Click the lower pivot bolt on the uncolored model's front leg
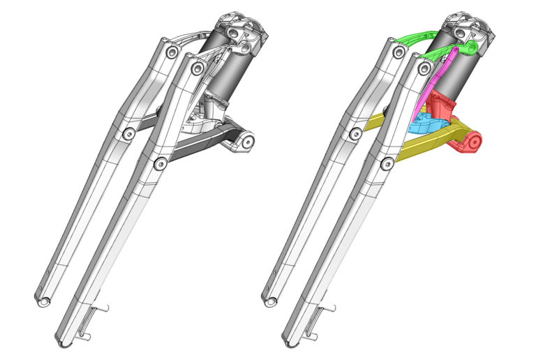(x=161, y=163)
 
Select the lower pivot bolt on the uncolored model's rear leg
(x=129, y=133)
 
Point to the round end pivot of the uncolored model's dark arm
(x=246, y=142)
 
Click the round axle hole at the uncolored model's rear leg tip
(x=45, y=301)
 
